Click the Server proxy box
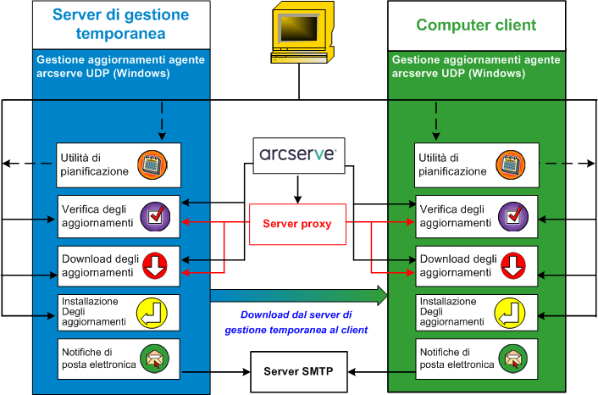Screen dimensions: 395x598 click(x=296, y=224)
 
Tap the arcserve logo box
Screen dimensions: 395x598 click(x=297, y=156)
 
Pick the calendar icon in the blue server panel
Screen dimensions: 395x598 click(x=154, y=164)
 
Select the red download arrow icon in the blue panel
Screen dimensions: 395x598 click(x=154, y=266)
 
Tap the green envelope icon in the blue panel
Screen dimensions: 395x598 click(x=154, y=359)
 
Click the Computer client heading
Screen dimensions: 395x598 click(x=476, y=25)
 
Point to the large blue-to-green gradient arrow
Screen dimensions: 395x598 click(x=297, y=295)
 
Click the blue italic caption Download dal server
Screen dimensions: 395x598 click(x=296, y=321)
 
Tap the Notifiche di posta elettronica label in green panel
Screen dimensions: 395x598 click(x=456, y=359)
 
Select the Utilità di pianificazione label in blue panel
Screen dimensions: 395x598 click(x=94, y=164)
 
